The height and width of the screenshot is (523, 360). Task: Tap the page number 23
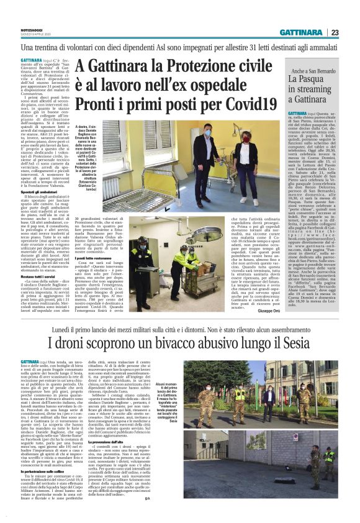point(352,33)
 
